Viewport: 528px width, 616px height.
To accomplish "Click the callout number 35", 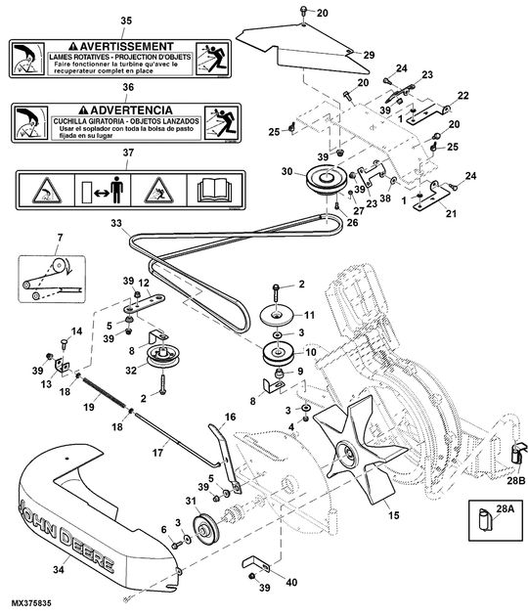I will point(124,21).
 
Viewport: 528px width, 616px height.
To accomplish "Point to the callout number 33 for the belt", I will point(116,225).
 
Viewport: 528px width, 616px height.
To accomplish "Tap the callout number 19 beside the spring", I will point(88,408).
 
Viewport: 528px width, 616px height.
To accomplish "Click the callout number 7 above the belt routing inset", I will point(59,238).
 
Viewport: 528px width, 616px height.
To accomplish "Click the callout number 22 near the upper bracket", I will point(462,95).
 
